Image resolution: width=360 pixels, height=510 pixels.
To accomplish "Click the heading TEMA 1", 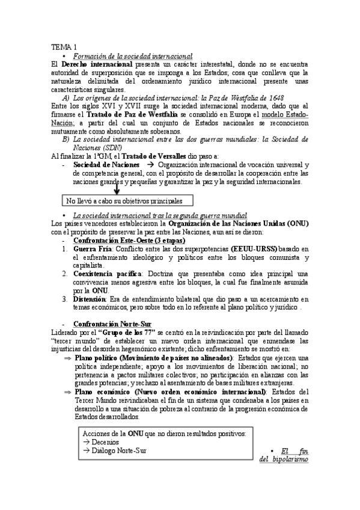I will (64, 47).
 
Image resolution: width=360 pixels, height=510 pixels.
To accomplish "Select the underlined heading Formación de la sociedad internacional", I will (132, 55).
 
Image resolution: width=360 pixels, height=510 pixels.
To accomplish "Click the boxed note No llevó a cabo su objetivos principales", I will (127, 201).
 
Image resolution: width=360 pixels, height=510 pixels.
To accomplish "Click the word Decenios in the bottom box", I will (106, 441).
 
